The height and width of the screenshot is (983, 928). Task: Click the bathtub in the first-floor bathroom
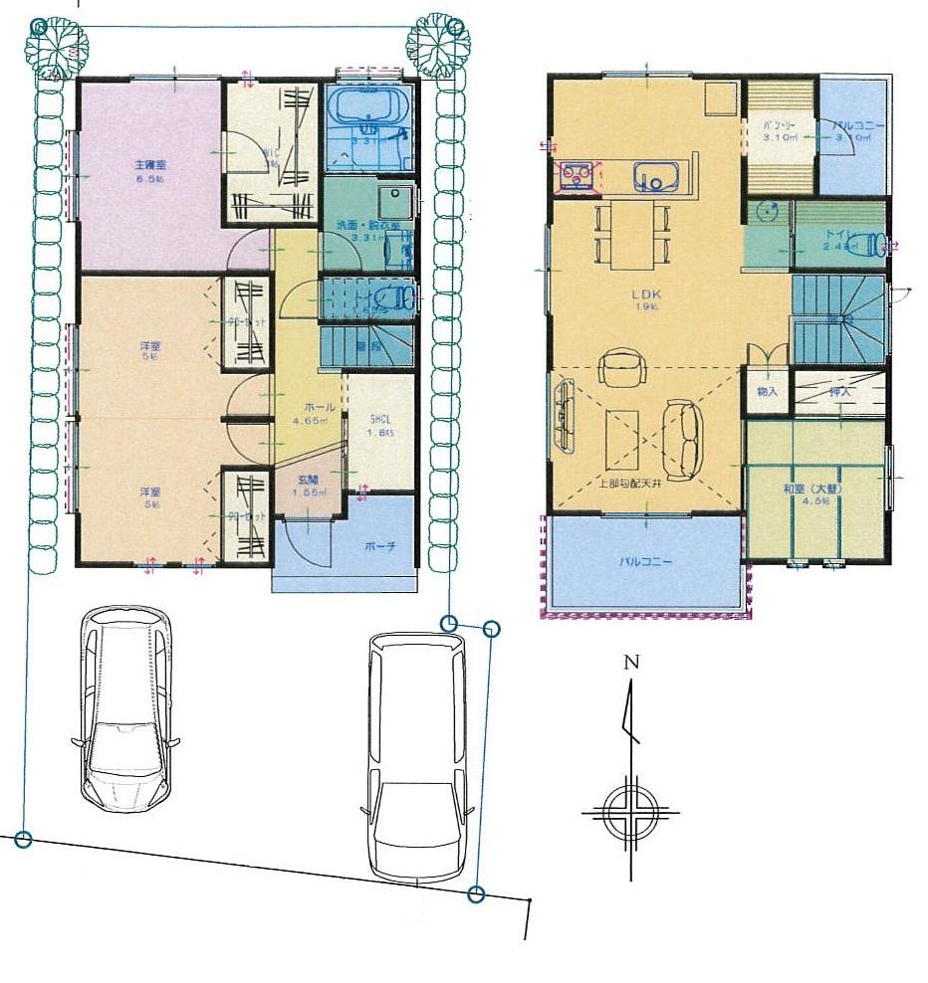pos(367,105)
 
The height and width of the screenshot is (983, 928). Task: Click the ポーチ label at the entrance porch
pos(379,546)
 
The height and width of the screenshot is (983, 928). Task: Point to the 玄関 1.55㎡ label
pos(309,487)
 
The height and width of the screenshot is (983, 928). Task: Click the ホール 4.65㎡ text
pos(311,415)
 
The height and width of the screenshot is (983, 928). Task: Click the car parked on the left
pos(123,708)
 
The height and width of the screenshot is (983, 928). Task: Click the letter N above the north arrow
pos(629,663)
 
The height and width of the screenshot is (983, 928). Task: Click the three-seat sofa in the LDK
pos(683,438)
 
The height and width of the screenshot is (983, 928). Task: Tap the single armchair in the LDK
pos(623,367)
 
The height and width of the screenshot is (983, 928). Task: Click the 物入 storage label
pos(767,394)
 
